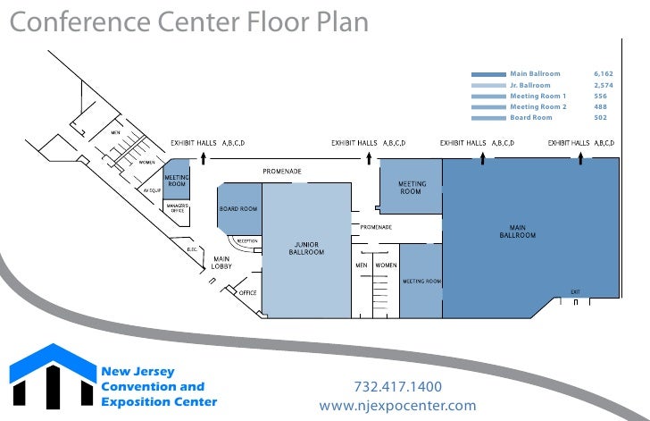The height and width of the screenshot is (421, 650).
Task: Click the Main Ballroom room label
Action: [x=517, y=231]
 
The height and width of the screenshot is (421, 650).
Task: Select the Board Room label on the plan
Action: [x=238, y=209]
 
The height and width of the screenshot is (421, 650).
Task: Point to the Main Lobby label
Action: [x=222, y=263]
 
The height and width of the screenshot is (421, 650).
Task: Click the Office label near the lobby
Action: [x=247, y=293]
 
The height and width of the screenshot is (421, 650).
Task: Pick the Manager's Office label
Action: [x=175, y=208]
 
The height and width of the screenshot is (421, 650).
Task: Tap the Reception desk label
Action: [x=247, y=240]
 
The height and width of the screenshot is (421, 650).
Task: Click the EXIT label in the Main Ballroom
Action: [x=575, y=292]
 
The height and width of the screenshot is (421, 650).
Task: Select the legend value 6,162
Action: [x=604, y=73]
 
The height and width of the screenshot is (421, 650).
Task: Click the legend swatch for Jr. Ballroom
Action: [x=488, y=85]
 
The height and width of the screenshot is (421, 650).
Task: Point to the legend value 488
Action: [x=600, y=106]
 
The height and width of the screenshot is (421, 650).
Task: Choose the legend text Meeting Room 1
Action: [x=537, y=96]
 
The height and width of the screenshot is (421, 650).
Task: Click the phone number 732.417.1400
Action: [x=397, y=387]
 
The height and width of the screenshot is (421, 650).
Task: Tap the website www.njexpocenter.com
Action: [x=397, y=406]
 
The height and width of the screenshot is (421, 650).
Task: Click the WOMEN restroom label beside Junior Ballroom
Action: [x=386, y=265]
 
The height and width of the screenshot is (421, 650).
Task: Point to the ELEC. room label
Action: [x=192, y=249]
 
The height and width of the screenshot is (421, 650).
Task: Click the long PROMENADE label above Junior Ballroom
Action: [x=281, y=171]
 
